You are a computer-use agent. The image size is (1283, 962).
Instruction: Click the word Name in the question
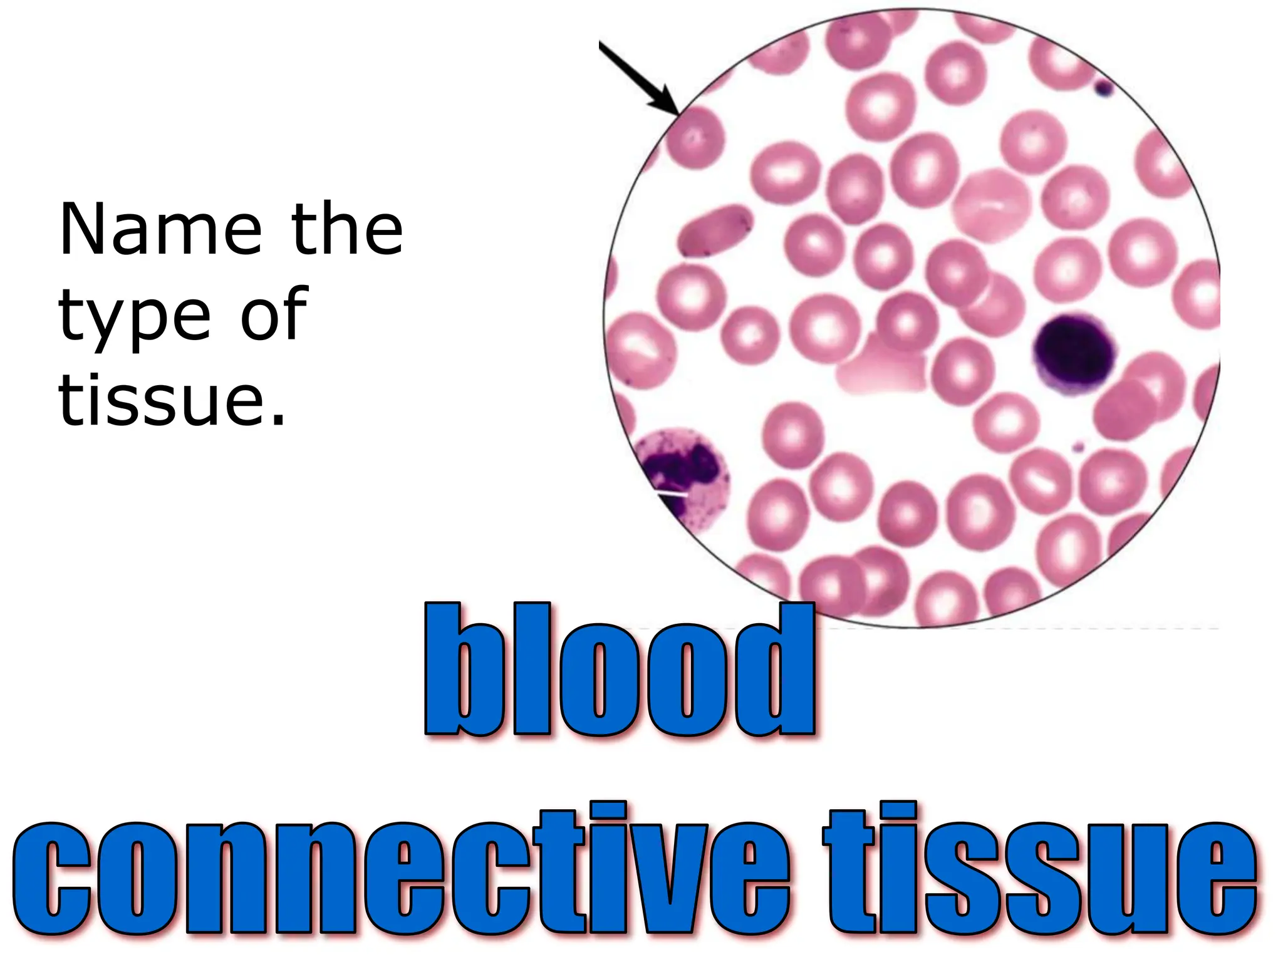coord(160,230)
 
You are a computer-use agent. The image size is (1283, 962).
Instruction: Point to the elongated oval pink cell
coord(714,230)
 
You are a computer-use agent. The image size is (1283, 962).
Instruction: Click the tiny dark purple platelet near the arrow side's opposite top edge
coord(1103,88)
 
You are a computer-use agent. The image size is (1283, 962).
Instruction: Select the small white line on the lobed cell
coord(673,493)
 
